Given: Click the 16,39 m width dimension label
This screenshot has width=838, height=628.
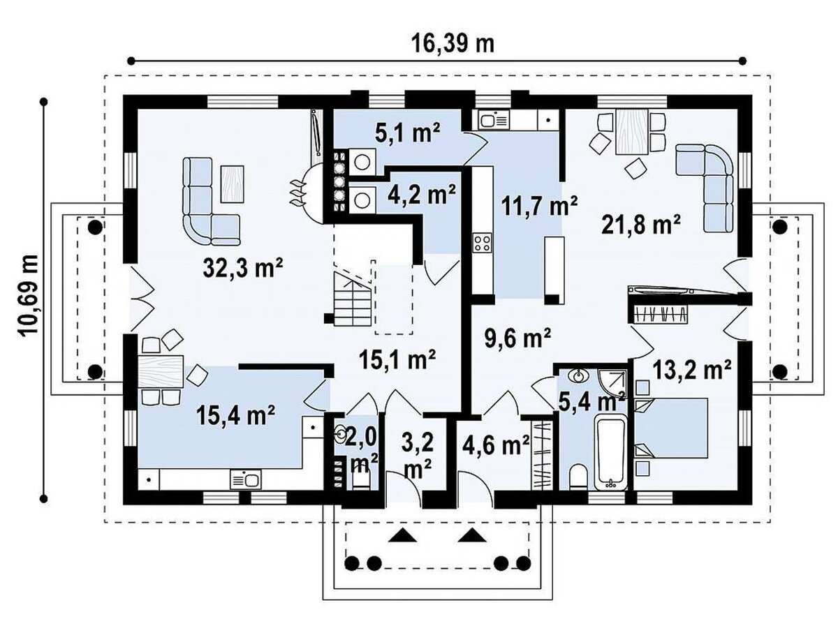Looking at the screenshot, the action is click(453, 44).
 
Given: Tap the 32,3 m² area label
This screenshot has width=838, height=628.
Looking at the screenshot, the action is click(243, 268).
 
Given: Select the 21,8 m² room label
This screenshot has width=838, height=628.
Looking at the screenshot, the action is click(641, 225).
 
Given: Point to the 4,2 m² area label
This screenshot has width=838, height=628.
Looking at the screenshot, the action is click(422, 194).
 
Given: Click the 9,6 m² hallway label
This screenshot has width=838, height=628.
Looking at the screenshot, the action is click(517, 338).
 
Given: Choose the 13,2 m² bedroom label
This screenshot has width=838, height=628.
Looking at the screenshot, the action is click(692, 370).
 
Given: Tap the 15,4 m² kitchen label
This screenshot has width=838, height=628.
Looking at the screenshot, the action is click(235, 416).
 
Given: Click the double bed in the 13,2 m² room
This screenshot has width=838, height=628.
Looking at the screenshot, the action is click(671, 428).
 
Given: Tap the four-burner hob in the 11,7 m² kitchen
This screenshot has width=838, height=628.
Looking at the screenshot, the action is click(482, 243).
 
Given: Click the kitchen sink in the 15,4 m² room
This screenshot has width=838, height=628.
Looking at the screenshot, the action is click(246, 479).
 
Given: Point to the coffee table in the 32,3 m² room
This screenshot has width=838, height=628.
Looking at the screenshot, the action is click(232, 184).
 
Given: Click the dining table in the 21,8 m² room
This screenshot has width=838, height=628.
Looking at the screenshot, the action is click(631, 132).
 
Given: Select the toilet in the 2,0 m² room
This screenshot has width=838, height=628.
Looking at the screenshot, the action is click(361, 481).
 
